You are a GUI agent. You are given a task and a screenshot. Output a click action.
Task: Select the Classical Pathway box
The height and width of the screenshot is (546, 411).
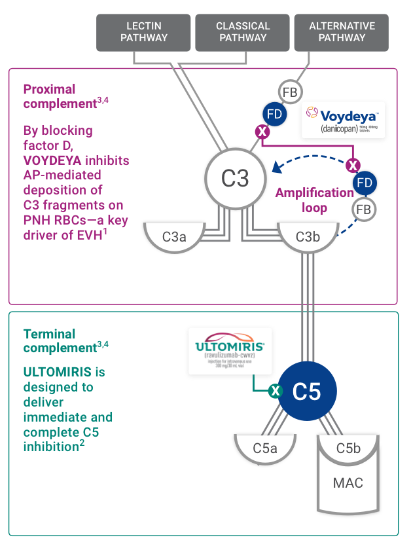[243, 32]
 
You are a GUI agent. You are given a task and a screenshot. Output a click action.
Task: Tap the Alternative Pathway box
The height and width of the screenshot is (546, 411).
[342, 32]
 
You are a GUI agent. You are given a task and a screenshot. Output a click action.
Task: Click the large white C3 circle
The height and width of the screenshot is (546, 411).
[236, 178]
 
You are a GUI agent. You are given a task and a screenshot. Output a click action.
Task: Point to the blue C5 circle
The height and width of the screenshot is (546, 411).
[306, 391]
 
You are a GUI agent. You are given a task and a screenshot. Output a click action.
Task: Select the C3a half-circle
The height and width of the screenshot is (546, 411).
[173, 236]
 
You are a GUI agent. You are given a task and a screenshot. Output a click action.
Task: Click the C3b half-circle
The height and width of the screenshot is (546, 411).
[307, 236]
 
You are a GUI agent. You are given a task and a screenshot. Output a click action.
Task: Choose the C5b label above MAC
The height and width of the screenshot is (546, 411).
[348, 448]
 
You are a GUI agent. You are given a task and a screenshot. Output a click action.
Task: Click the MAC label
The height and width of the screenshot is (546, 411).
[348, 484]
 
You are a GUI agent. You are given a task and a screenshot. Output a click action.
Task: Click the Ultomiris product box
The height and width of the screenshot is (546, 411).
[229, 352]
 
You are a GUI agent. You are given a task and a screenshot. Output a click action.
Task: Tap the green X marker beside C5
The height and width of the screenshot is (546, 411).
[276, 391]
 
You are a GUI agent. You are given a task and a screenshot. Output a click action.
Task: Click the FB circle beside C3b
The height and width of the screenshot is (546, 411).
[364, 209]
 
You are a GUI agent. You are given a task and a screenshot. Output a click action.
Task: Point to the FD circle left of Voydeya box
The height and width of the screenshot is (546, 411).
[274, 113]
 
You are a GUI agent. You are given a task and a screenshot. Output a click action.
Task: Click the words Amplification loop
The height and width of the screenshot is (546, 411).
[314, 199]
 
